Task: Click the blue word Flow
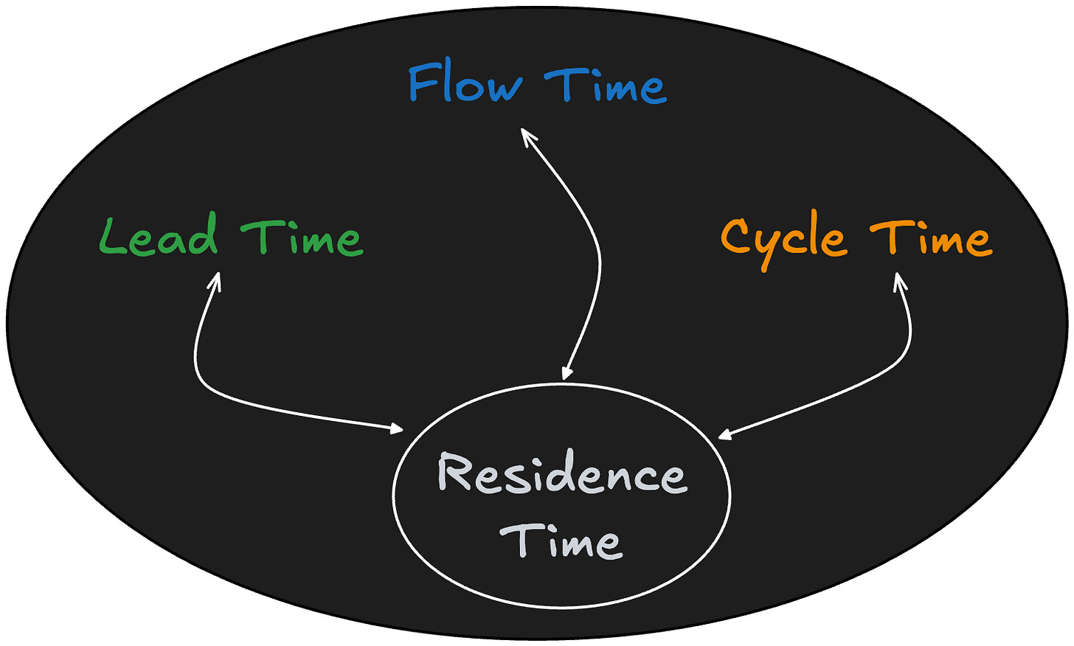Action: pos(465,83)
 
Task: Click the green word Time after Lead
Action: pos(302,238)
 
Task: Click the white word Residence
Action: pos(562,474)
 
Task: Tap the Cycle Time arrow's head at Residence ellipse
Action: pos(724,435)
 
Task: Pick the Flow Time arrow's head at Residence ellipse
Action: pos(566,374)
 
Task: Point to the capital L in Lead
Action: pos(110,237)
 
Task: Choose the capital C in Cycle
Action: pos(735,235)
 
